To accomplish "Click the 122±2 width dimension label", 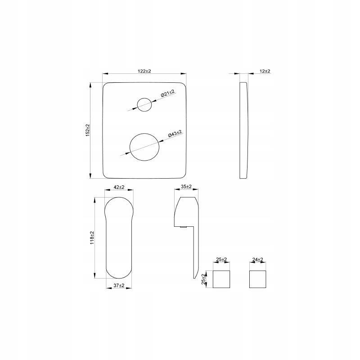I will pyautogui.click(x=145, y=71).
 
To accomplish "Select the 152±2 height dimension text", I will pyautogui.click(x=88, y=131).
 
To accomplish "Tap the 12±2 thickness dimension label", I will pyautogui.click(x=265, y=71).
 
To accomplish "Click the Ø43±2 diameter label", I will pyautogui.click(x=174, y=134).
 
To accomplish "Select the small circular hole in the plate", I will pyautogui.click(x=144, y=104).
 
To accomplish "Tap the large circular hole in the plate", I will pyautogui.click(x=145, y=147).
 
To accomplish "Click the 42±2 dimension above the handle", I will pyautogui.click(x=119, y=187).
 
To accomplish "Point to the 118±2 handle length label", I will pyautogui.click(x=92, y=238).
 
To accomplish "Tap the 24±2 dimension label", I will pyautogui.click(x=258, y=260).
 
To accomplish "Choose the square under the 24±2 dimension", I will pyautogui.click(x=258, y=279).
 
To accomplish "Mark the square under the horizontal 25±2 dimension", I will pyautogui.click(x=220, y=279).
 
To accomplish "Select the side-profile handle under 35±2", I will pyautogui.click(x=188, y=225).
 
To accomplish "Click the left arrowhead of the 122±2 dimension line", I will pyautogui.click(x=105, y=74).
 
